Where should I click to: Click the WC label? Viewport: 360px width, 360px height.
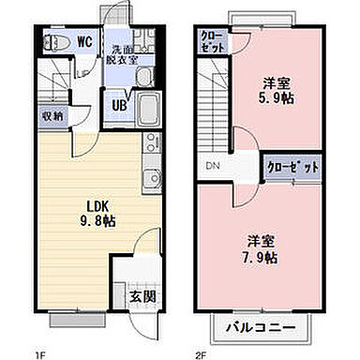click(83, 41)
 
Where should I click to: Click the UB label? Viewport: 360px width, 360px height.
click(120, 105)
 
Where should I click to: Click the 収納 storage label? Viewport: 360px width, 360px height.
click(52, 116)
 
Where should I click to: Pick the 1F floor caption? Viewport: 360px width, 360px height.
click(40, 352)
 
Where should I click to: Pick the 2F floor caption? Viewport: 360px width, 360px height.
click(200, 352)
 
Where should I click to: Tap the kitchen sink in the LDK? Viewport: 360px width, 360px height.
click(148, 178)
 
